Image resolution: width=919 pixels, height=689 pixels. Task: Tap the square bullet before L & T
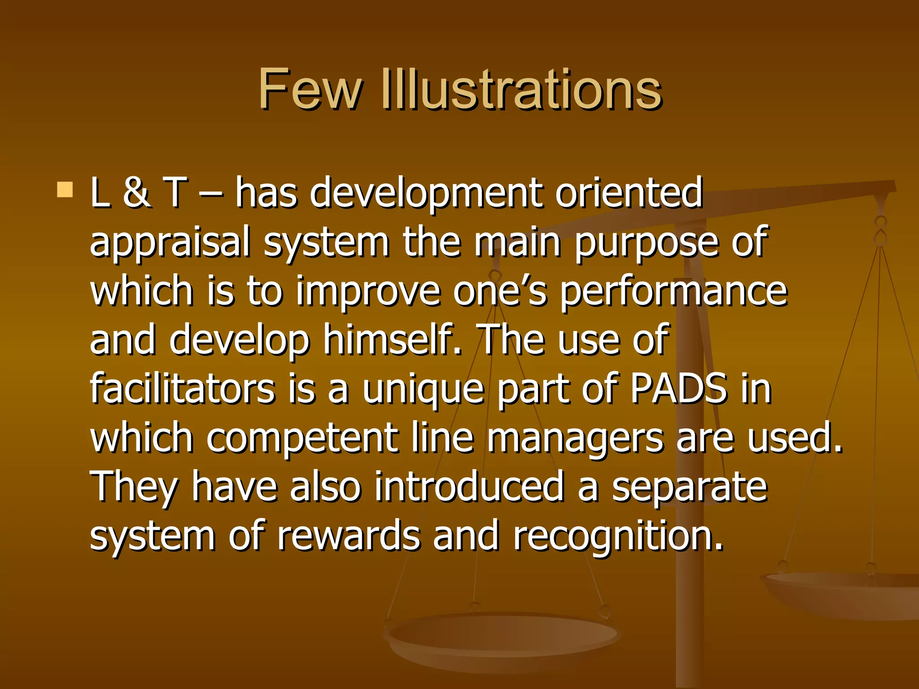click(65, 190)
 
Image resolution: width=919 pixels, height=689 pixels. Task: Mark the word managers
click(575, 439)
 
